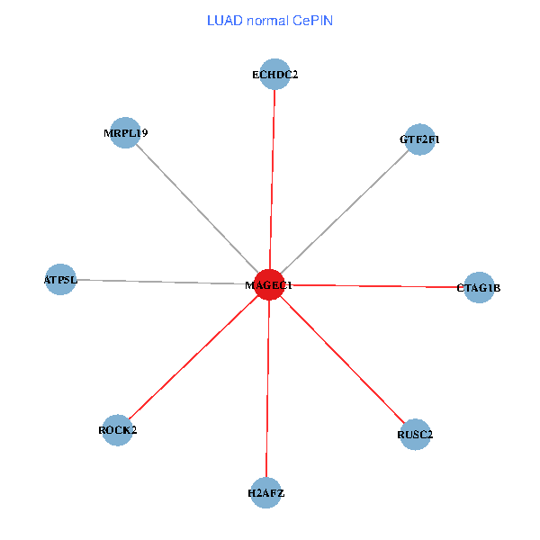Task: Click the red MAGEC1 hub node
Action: click(269, 284)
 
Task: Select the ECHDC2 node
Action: click(274, 75)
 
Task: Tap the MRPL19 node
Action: click(125, 133)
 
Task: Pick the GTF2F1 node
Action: click(419, 139)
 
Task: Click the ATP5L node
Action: click(60, 279)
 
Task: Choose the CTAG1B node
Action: click(479, 288)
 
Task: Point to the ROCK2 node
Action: click(118, 430)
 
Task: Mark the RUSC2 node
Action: click(415, 435)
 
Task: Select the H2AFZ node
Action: click(265, 492)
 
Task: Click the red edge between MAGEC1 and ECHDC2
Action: click(272, 180)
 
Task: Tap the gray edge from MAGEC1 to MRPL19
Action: click(197, 209)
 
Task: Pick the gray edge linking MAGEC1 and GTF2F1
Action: click(345, 211)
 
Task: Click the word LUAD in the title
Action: click(224, 20)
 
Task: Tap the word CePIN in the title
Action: click(312, 20)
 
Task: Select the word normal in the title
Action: click(267, 20)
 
